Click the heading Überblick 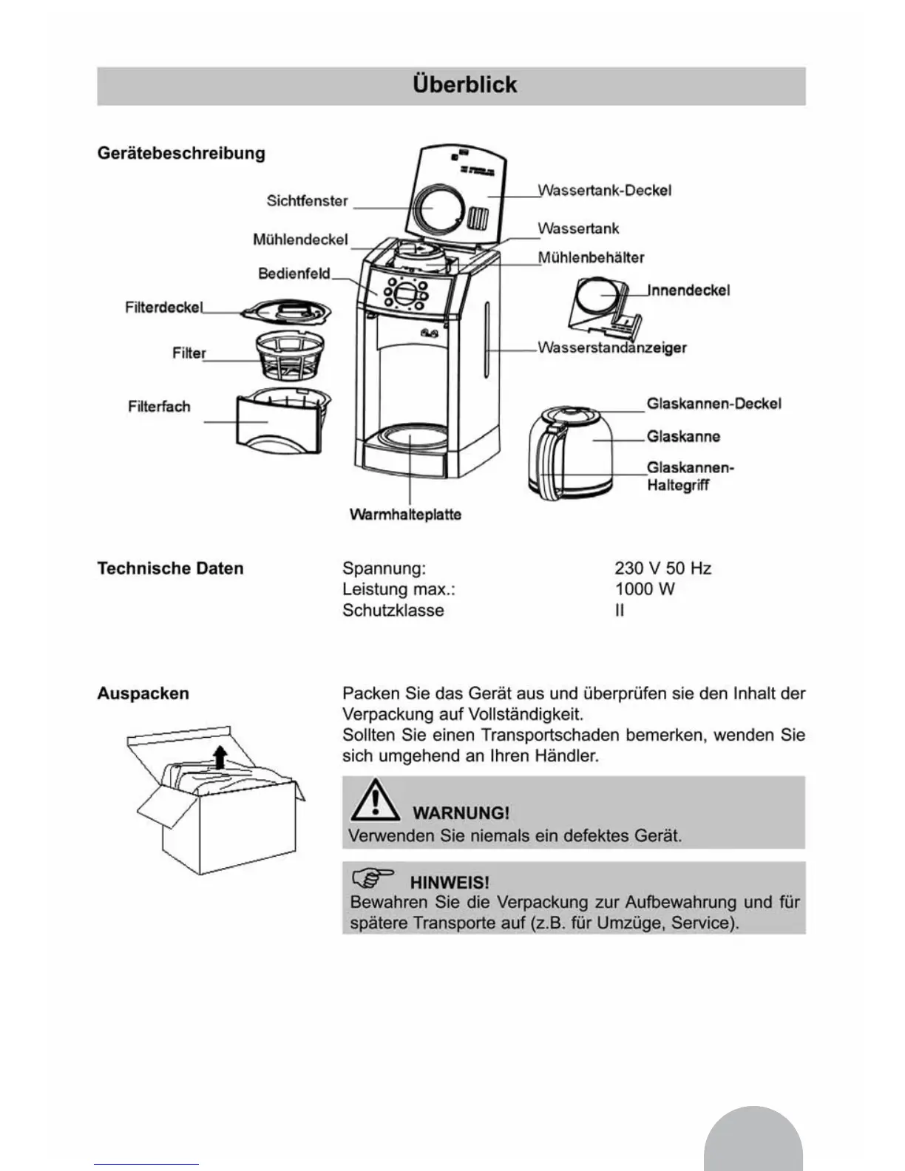click(465, 85)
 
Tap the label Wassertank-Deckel click(604, 191)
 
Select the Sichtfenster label click(307, 201)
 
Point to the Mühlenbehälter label click(591, 258)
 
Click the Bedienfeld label click(294, 274)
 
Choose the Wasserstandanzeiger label click(611, 347)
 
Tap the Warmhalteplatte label click(405, 515)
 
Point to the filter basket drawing click(294, 358)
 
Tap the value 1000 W click(645, 589)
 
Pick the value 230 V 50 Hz click(662, 568)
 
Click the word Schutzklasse click(393, 611)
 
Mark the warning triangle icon click(375, 801)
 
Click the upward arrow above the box click(220, 756)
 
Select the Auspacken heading click(143, 693)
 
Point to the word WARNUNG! click(461, 813)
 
